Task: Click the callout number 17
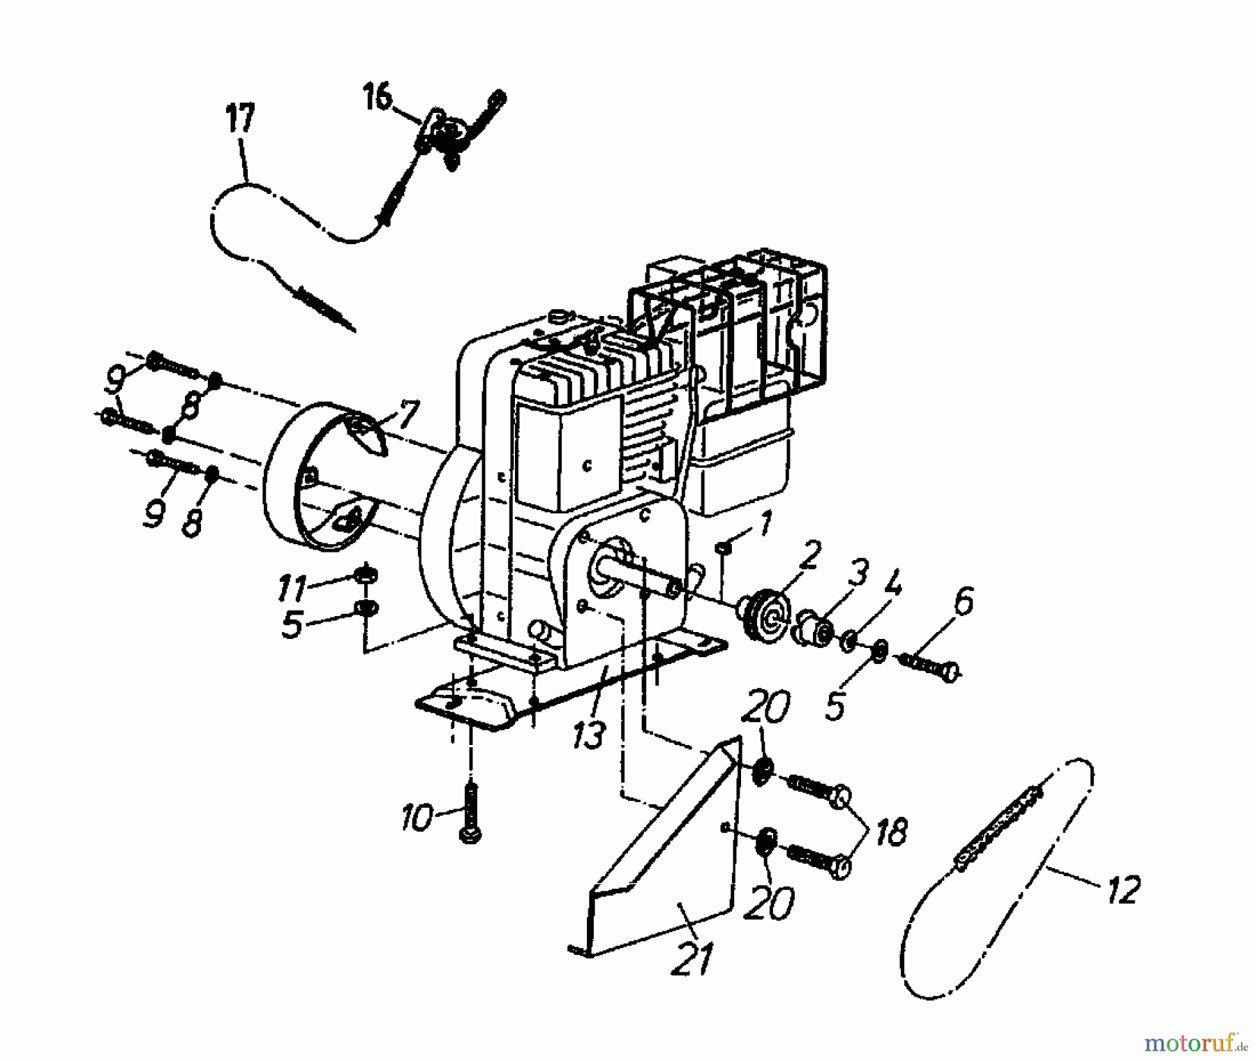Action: point(240,120)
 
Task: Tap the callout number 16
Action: point(377,97)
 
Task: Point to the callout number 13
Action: point(588,735)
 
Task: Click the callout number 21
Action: point(692,959)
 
